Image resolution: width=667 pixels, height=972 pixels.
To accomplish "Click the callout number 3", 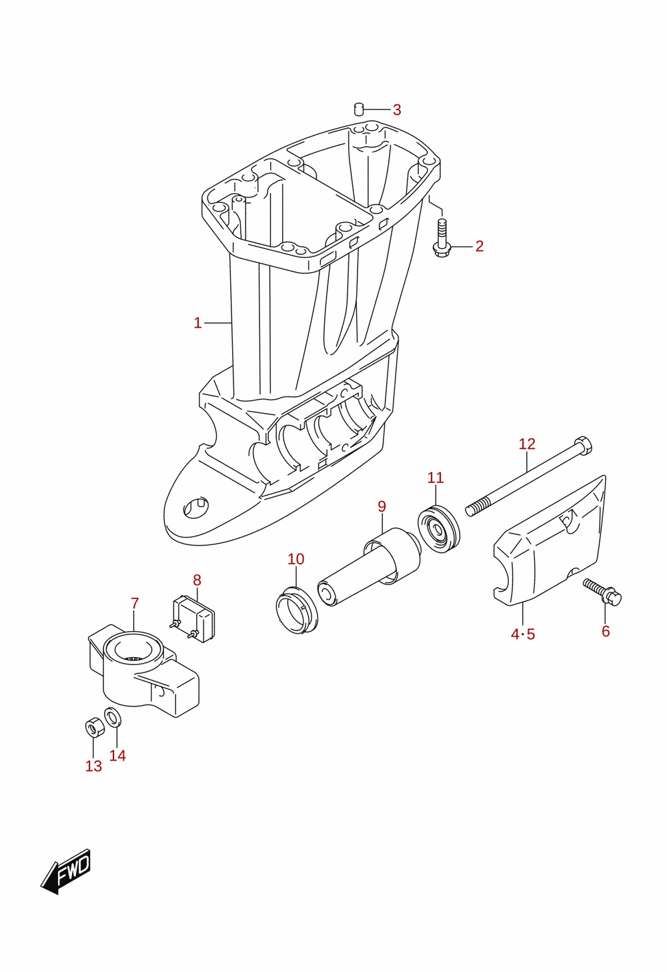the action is coord(397,110).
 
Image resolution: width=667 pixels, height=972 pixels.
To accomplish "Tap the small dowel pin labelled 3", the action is coord(358,109).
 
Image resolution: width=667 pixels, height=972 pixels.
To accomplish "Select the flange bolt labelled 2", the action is coord(442,238).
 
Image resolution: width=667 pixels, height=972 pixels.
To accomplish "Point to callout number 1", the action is coord(197,323).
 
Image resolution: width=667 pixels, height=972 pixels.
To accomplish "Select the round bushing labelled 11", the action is coord(438,529).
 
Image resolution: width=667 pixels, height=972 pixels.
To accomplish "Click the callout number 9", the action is coord(382,506).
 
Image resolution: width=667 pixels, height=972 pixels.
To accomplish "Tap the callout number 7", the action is coord(135,603).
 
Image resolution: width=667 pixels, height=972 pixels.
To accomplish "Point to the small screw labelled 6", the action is coord(602,592).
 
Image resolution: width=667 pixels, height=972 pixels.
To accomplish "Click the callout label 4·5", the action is coord(523,634).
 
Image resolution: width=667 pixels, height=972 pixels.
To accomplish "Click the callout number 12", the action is coord(528,444).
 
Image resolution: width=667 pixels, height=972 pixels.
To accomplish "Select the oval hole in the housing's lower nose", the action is coord(195,507).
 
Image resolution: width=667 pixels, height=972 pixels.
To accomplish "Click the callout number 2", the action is coord(479,246).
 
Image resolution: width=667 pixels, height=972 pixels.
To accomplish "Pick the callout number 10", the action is coord(296,559).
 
